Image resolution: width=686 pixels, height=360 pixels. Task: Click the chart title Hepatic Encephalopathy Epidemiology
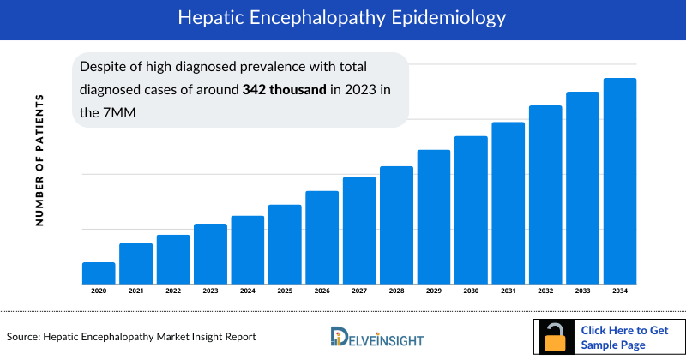[343, 17]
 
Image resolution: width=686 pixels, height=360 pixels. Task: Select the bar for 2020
[99, 273]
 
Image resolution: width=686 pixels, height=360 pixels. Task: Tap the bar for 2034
[620, 181]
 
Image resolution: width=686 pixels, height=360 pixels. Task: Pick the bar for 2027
[359, 231]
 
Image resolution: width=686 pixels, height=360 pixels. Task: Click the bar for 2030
[471, 210]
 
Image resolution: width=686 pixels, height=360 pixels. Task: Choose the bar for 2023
[210, 254]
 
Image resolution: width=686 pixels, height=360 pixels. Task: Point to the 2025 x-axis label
[285, 291]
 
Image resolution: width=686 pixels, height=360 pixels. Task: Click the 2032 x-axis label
[545, 291]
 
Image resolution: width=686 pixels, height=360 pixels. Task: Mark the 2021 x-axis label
[135, 291]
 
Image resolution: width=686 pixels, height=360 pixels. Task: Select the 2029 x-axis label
[434, 291]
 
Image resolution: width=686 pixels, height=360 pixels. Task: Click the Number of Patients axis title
[39, 161]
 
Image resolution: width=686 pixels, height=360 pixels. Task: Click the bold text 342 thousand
[284, 89]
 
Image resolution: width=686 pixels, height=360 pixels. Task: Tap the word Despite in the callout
[102, 66]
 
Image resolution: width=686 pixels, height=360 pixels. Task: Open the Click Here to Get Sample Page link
[623, 337]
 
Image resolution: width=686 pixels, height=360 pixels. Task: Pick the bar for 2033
[582, 188]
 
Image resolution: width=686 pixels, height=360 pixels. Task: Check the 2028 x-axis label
[396, 291]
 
